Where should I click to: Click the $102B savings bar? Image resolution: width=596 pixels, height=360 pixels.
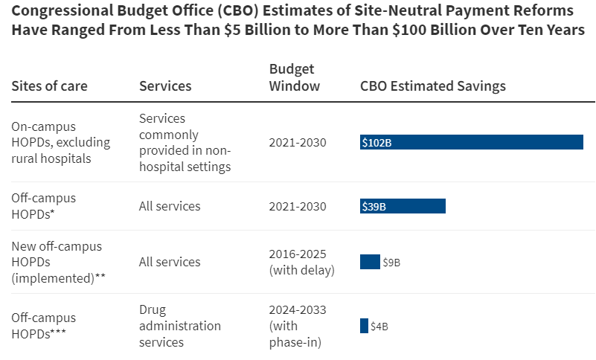click(471, 142)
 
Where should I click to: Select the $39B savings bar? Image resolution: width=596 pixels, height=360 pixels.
click(403, 206)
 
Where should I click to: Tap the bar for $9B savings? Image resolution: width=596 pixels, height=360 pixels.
click(370, 262)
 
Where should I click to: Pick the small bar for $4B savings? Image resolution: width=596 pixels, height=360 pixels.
click(364, 326)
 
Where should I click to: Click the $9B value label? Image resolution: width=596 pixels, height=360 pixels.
click(392, 263)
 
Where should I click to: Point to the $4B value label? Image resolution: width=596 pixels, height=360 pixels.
click(379, 327)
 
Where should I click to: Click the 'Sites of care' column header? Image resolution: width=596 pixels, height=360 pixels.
click(49, 86)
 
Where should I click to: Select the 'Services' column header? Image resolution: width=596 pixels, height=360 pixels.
click(165, 86)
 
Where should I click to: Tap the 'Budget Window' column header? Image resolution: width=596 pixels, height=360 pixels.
click(294, 77)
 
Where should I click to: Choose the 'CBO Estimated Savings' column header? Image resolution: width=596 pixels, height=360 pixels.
click(432, 86)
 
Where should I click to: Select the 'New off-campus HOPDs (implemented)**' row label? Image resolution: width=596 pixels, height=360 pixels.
click(57, 262)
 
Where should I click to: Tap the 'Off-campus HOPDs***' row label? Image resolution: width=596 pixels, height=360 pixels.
click(43, 326)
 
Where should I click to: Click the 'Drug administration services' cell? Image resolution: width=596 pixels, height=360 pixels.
click(179, 326)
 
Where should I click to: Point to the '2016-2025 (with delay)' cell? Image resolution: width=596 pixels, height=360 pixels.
click(301, 262)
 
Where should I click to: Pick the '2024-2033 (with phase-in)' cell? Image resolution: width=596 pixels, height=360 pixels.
click(297, 326)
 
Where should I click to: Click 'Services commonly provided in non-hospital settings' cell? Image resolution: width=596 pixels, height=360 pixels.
click(185, 142)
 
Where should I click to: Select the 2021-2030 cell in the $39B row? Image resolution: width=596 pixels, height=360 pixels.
click(297, 206)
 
